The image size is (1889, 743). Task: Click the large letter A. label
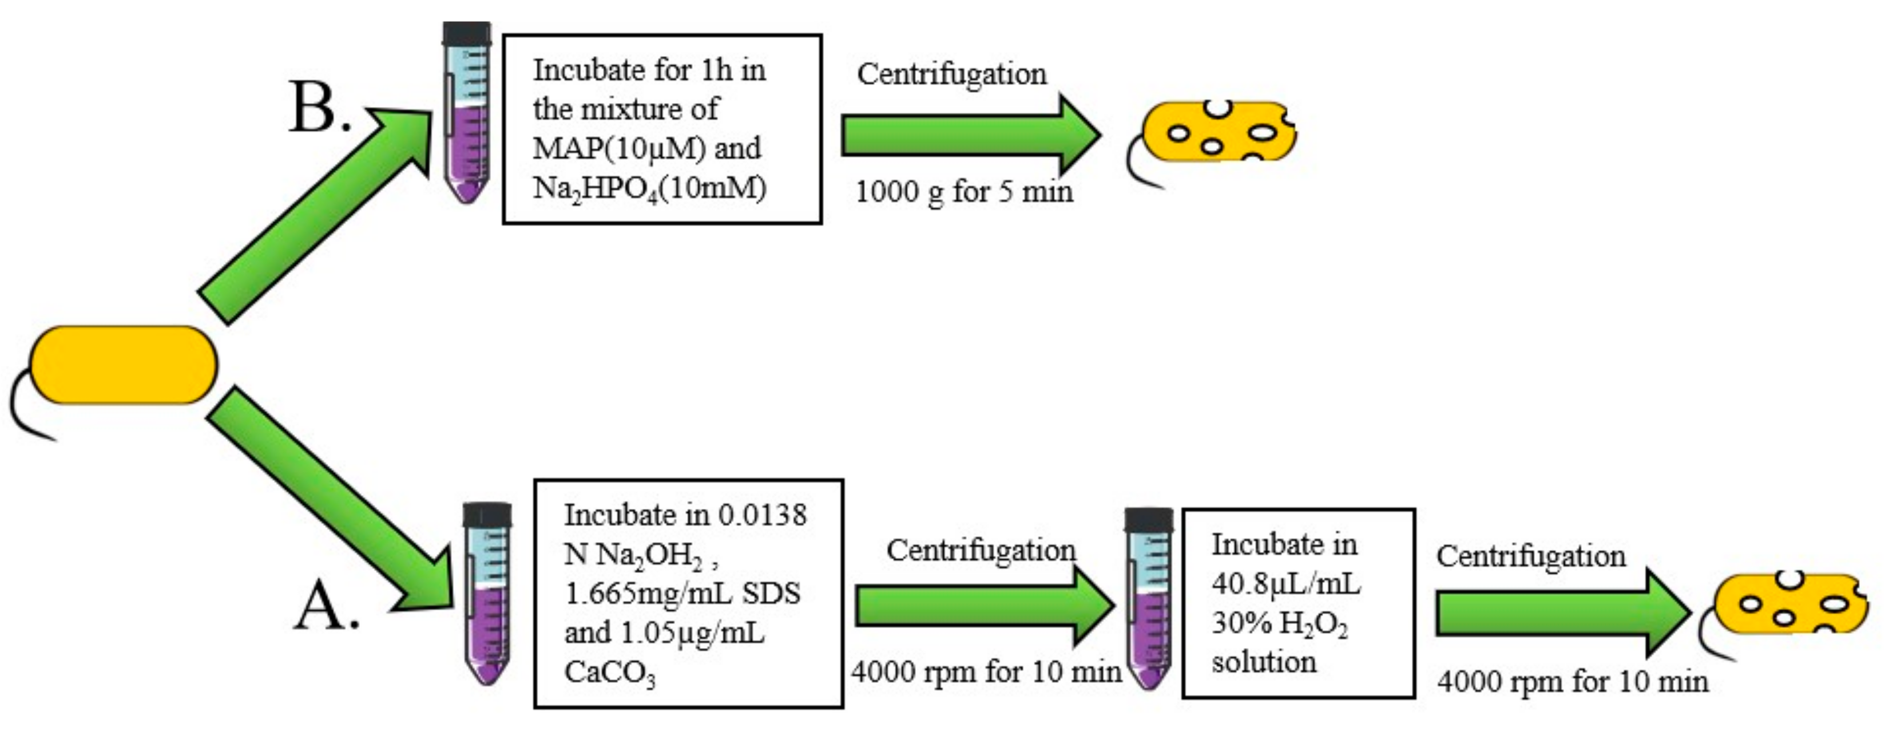325,607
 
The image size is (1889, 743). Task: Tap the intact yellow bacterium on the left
123,365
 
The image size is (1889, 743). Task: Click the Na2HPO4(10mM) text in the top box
649,188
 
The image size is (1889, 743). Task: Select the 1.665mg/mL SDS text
682,592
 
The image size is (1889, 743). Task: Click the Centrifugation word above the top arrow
951,74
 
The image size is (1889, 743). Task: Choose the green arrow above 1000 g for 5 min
968,135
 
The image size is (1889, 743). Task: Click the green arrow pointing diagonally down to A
330,499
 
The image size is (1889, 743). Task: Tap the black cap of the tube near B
466,34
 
